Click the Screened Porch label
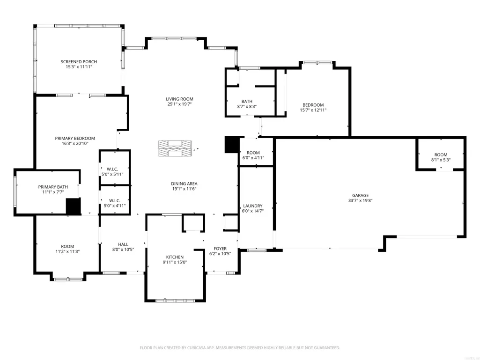(79, 61)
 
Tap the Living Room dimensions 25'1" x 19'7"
(179, 104)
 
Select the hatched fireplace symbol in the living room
(175, 148)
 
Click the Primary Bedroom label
(75, 139)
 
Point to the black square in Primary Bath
(74, 206)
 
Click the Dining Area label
(184, 184)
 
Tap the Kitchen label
(175, 257)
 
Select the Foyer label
(220, 249)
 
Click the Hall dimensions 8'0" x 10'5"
(123, 250)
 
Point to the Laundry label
(252, 206)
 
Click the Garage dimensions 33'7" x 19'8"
(360, 201)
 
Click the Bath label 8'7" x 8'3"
(247, 101)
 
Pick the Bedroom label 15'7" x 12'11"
(313, 105)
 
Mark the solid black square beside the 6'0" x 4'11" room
(232, 145)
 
